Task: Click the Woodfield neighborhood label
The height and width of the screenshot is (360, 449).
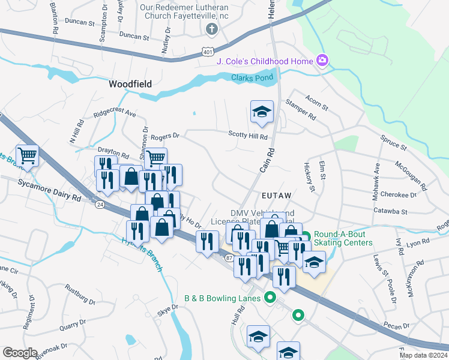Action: [x=130, y=84]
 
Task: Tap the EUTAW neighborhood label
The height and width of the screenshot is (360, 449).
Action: [x=277, y=196]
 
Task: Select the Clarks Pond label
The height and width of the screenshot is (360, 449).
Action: [x=252, y=77]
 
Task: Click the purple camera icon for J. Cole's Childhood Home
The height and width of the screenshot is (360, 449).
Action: [x=322, y=61]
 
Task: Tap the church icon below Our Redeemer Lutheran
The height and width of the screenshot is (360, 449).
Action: [x=211, y=29]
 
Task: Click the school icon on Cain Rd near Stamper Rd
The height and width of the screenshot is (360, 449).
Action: [x=261, y=112]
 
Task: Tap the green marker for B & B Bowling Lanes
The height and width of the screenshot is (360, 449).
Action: [x=270, y=298]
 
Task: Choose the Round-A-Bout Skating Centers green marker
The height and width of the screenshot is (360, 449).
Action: [x=305, y=238]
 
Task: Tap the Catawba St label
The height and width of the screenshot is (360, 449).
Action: [x=390, y=212]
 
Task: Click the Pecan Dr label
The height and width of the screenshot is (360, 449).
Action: [x=397, y=325]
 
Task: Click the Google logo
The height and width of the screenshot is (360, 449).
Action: [x=20, y=353]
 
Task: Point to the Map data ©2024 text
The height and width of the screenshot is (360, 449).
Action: [x=424, y=355]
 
